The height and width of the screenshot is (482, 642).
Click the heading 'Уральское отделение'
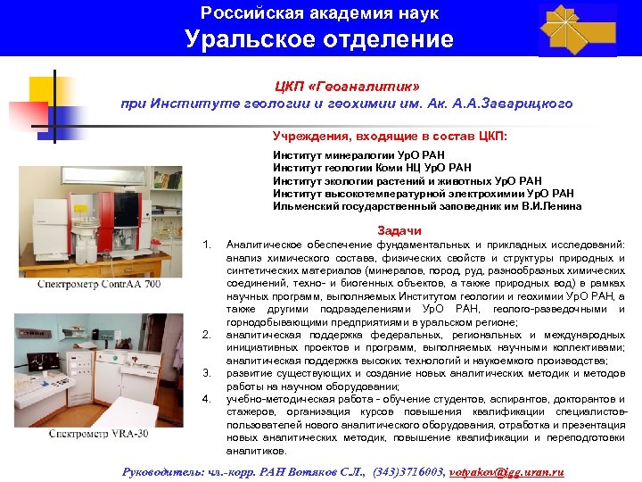tap(319, 39)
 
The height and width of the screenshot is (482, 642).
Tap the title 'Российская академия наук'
tap(319, 13)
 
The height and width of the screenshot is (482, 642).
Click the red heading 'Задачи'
tap(400, 230)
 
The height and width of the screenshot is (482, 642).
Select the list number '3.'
tap(207, 372)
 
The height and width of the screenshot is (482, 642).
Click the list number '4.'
tap(207, 398)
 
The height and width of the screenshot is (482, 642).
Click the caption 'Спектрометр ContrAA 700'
tap(100, 284)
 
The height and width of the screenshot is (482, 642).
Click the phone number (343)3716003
tap(407, 470)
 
